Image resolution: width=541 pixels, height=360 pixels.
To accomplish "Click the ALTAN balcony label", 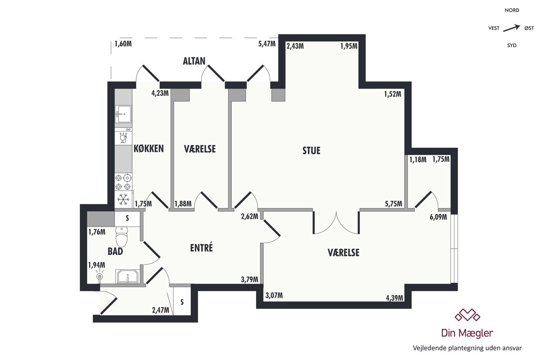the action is tap(194, 61).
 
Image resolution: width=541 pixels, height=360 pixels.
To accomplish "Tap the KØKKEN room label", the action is tap(149, 149).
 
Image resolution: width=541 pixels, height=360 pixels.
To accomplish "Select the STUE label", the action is tap(312, 150).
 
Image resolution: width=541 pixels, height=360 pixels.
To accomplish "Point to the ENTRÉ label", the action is tap(202, 248).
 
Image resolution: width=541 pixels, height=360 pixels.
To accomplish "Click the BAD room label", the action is tap(115, 251).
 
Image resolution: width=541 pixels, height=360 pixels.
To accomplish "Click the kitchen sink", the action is tap(124, 114).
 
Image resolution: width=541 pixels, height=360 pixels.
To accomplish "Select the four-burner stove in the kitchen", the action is tap(124, 182).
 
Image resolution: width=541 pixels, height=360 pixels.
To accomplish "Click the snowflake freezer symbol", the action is tap(124, 200).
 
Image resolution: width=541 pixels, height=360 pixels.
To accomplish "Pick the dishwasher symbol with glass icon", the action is tap(124, 137).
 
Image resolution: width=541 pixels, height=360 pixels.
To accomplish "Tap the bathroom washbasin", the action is tap(128, 277).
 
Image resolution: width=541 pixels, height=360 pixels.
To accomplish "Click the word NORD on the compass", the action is tap(512, 10).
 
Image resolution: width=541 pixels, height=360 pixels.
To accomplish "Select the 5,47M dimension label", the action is tap(267, 44).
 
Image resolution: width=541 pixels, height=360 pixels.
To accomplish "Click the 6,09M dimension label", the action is tap(438, 217).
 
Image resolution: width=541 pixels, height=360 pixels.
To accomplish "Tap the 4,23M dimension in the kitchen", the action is tap(160, 93).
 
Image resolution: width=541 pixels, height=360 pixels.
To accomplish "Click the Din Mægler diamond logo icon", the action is tap(468, 315).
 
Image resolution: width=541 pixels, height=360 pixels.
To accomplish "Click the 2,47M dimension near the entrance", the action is tap(160, 310).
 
